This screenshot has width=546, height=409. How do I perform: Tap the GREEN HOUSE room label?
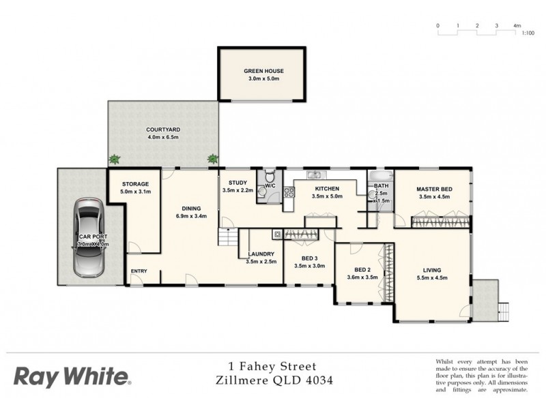263,71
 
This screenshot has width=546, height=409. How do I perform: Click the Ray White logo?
72,376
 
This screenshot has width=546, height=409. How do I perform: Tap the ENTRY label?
139,271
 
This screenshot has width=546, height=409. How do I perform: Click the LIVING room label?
431,269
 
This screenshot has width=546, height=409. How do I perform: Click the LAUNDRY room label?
260,253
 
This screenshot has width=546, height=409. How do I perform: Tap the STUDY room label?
238,182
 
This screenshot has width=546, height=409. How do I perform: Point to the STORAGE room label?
135,184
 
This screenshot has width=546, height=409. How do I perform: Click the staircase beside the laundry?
227,238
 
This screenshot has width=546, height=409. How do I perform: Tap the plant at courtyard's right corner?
213,159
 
